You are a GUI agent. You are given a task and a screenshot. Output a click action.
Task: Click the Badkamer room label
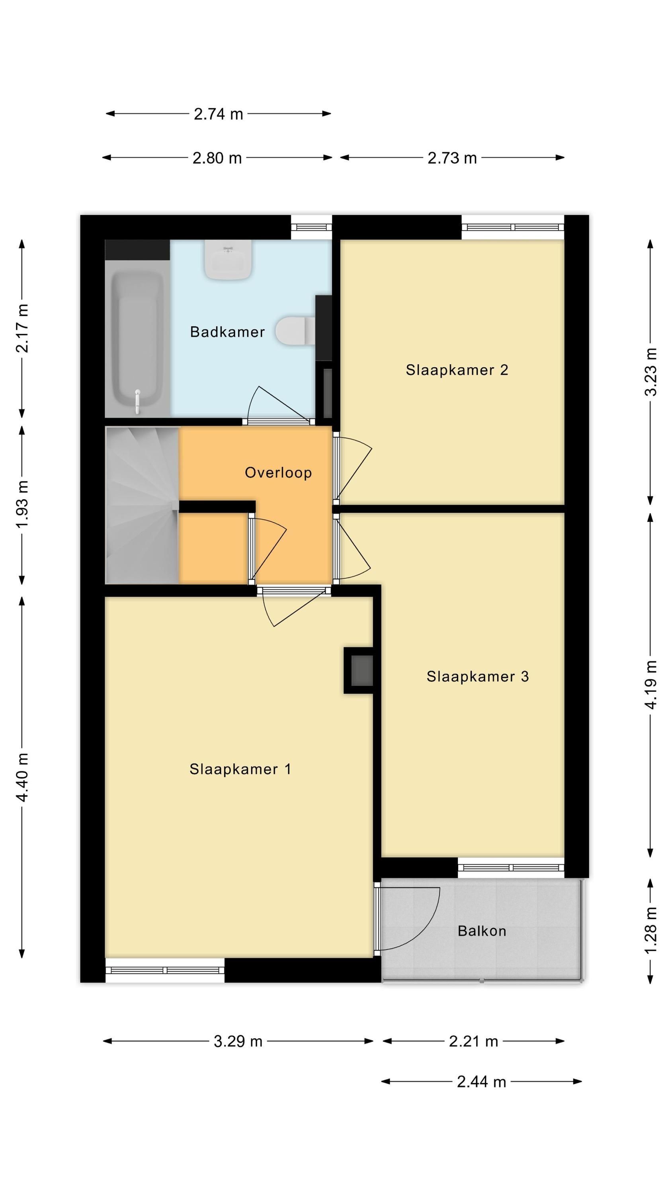pyautogui.click(x=227, y=332)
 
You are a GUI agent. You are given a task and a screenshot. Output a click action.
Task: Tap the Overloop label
pyautogui.click(x=278, y=473)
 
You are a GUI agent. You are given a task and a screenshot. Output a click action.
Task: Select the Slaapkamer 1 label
pyautogui.click(x=240, y=769)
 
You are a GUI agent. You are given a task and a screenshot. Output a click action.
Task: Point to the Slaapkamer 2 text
pyautogui.click(x=457, y=370)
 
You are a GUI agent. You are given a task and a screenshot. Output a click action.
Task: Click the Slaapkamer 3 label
pyautogui.click(x=478, y=676)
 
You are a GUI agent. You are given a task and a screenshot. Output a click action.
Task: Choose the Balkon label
pyautogui.click(x=482, y=931)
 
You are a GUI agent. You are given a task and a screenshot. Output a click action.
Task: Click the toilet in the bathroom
pyautogui.click(x=295, y=331)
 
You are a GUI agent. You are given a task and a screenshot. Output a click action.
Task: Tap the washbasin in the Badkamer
pyautogui.click(x=228, y=259)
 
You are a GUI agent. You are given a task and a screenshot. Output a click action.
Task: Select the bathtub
pyautogui.click(x=137, y=339)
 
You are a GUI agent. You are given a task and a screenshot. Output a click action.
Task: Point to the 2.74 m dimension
pyautogui.click(x=219, y=114)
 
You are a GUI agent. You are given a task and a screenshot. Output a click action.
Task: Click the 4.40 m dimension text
pyautogui.click(x=23, y=777)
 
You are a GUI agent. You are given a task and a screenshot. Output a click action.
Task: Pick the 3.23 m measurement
pyautogui.click(x=651, y=372)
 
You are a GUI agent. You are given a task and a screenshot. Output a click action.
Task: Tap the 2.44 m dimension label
pyautogui.click(x=481, y=1082)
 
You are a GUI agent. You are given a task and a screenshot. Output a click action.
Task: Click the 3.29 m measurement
pyautogui.click(x=238, y=1042)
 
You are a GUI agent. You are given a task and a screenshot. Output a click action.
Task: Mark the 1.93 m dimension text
pyautogui.click(x=23, y=505)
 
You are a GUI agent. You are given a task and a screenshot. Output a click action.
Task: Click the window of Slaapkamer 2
pyautogui.click(x=512, y=227)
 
